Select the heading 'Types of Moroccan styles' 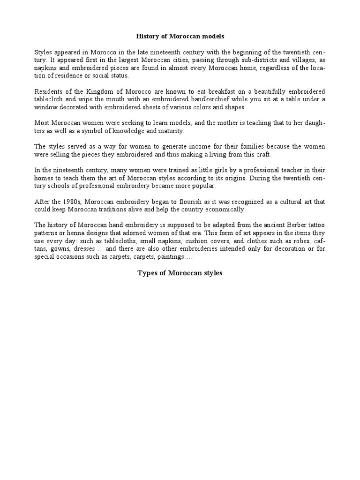click(180, 273)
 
